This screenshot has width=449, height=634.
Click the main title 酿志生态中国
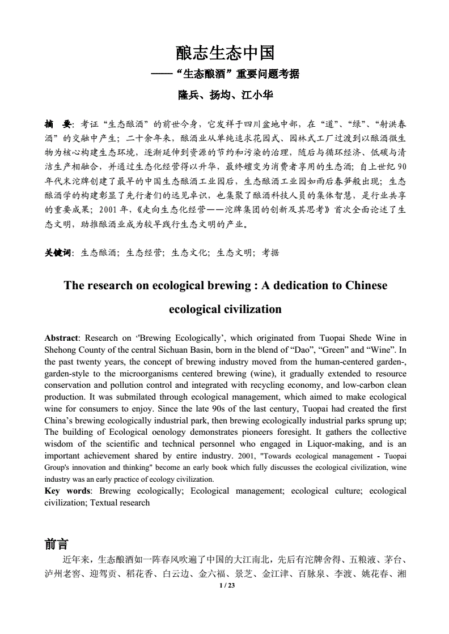point(225,53)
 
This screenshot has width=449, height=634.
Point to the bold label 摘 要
point(58,123)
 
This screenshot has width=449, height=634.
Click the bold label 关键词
point(58,253)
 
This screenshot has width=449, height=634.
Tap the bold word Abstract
point(61,339)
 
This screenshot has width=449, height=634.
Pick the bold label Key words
point(67,491)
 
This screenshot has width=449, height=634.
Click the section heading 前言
point(56,545)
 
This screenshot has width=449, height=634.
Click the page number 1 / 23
point(226,585)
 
